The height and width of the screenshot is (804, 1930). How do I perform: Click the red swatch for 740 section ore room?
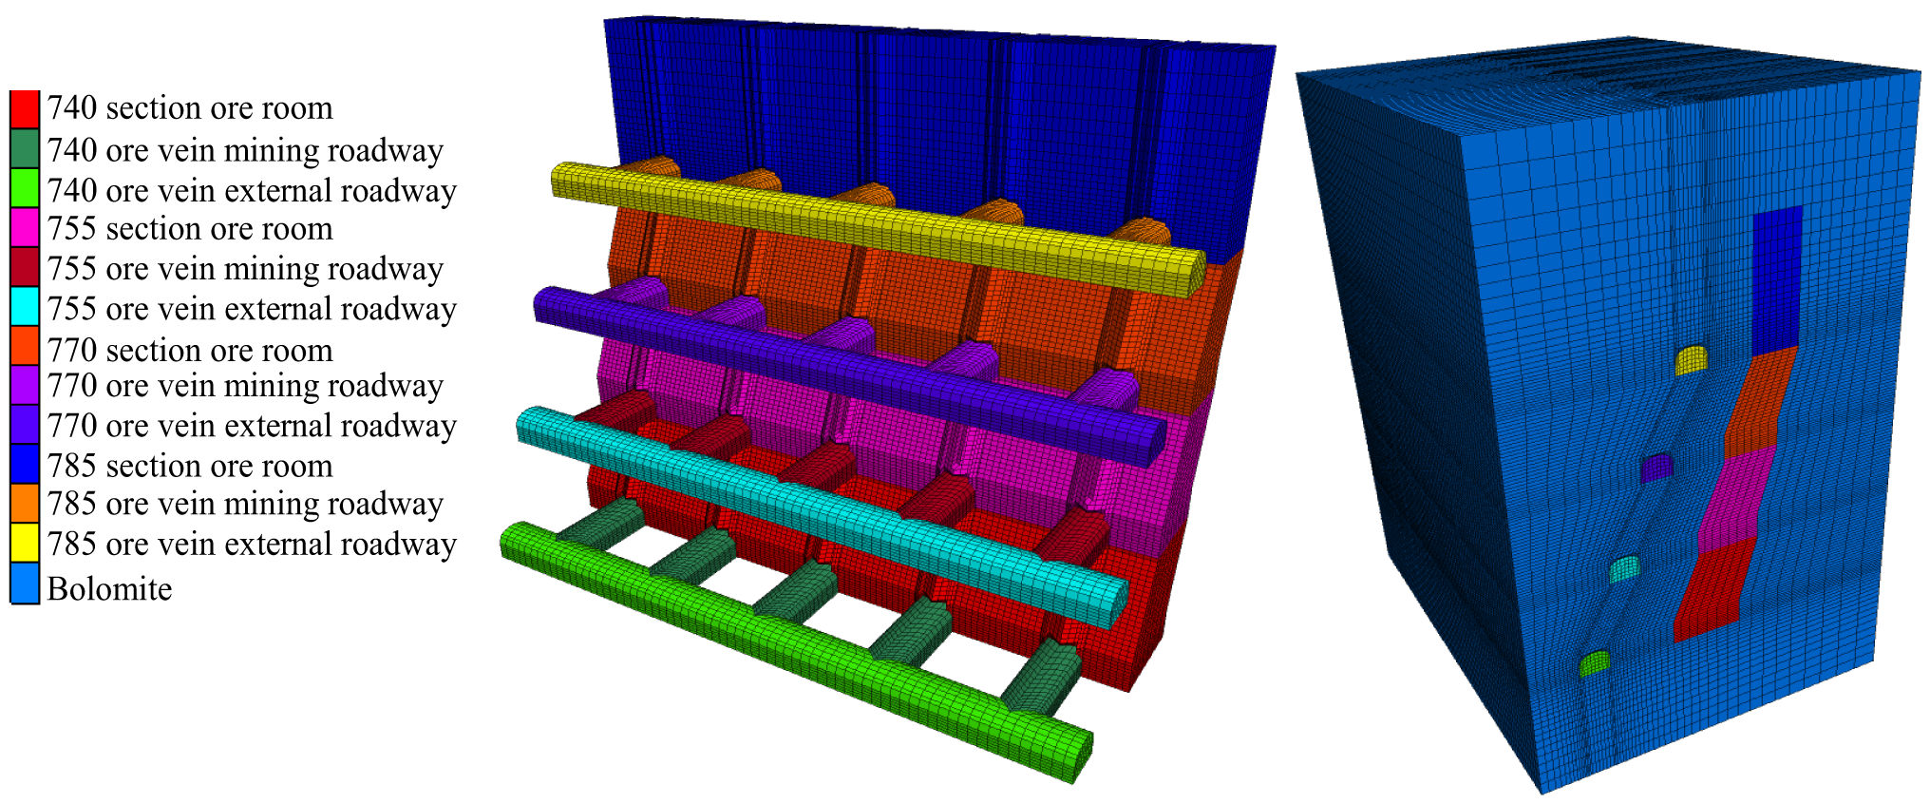click(x=25, y=109)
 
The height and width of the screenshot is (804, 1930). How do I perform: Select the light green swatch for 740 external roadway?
click(x=25, y=188)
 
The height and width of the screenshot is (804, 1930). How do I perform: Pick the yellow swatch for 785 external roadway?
click(x=25, y=543)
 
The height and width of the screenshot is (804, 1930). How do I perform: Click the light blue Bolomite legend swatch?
click(x=25, y=584)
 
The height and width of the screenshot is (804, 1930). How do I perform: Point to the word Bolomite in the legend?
click(x=110, y=589)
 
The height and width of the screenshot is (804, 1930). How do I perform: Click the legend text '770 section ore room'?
click(x=190, y=351)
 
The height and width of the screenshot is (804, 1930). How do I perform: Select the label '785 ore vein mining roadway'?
click(x=245, y=504)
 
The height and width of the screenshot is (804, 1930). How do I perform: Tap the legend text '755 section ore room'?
click(x=190, y=229)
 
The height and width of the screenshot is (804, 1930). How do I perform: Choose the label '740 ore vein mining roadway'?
click(x=245, y=150)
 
